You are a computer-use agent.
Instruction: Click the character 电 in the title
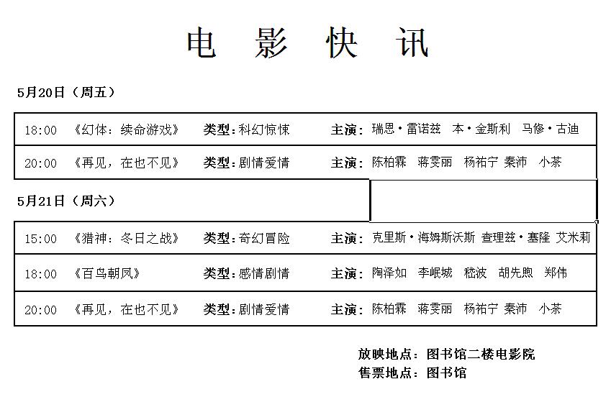[201, 42]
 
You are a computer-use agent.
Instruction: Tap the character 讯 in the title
[412, 42]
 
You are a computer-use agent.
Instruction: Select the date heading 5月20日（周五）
[66, 93]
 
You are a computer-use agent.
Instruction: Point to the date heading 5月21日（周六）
[66, 201]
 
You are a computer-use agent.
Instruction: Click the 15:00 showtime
[40, 239]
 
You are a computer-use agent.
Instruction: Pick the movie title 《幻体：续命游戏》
[125, 129]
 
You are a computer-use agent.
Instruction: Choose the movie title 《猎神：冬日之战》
[125, 238]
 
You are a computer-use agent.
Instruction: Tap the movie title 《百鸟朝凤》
[106, 273]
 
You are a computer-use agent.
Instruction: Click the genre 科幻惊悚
[264, 129]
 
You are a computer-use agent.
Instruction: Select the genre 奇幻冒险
[264, 238]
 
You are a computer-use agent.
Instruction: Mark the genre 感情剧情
[264, 273]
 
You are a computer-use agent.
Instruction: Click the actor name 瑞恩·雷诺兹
[406, 129]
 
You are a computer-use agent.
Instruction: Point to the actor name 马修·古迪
[551, 129]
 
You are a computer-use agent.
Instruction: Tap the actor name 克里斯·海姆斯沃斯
[423, 237]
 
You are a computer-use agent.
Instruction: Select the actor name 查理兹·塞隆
[515, 237]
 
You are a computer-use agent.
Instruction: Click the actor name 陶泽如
[389, 273]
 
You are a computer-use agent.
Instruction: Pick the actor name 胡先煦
[515, 273]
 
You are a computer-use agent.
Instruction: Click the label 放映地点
[385, 354]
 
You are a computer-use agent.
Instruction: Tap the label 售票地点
[385, 373]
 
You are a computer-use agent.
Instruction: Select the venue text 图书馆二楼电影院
[481, 354]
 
